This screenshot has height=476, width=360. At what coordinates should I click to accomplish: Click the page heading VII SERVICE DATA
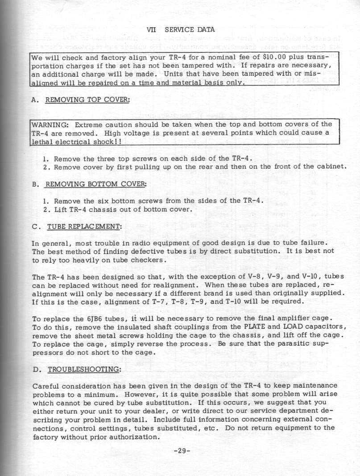(181, 30)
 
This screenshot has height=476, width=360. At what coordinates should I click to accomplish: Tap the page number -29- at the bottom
(182, 451)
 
